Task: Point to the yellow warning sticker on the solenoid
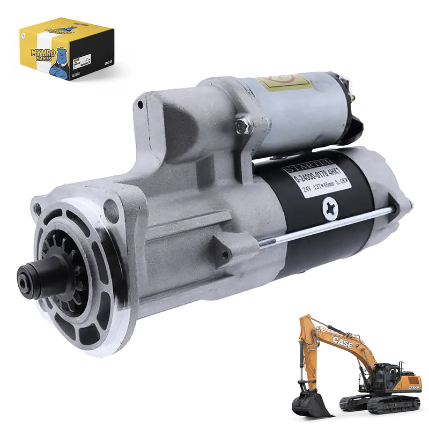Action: pos(284,82)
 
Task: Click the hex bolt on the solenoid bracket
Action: pos(245,125)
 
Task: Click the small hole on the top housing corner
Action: pos(140,105)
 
